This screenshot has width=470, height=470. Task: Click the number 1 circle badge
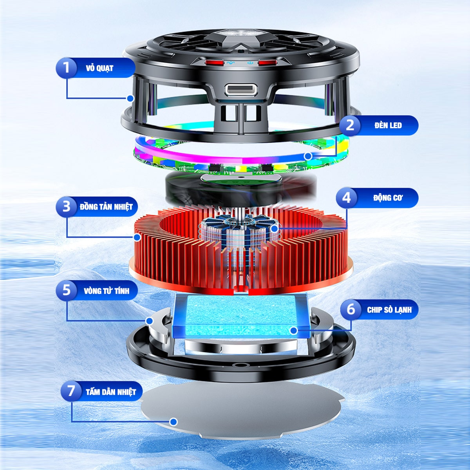tap(66, 68)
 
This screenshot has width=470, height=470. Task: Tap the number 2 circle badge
tap(350, 125)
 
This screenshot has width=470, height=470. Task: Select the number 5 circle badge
tap(66, 290)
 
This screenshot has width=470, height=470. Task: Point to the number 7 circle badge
tap(71, 391)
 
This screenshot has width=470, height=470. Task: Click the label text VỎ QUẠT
tap(99, 68)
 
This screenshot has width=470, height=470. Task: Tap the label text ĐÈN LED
tap(388, 126)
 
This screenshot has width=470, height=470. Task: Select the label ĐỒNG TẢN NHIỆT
tap(106, 207)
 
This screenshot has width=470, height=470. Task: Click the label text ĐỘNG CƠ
tap(388, 198)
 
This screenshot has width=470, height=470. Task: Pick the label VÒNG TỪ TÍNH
tap(107, 291)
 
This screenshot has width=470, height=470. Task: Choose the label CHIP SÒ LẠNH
tap(389, 310)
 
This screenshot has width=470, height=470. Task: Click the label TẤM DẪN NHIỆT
tap(111, 392)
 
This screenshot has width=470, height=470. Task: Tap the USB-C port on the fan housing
tap(241, 90)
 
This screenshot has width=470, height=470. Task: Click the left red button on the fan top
tap(215, 62)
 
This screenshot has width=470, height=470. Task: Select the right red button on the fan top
tap(268, 62)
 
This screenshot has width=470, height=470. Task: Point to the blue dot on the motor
tap(275, 229)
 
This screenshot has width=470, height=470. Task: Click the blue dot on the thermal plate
tap(174, 422)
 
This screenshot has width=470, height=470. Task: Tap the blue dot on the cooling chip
tap(294, 331)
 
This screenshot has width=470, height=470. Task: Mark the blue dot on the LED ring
tap(308, 156)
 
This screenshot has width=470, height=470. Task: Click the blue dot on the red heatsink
tap(137, 237)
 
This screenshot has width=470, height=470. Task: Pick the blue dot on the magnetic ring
tap(149, 321)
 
